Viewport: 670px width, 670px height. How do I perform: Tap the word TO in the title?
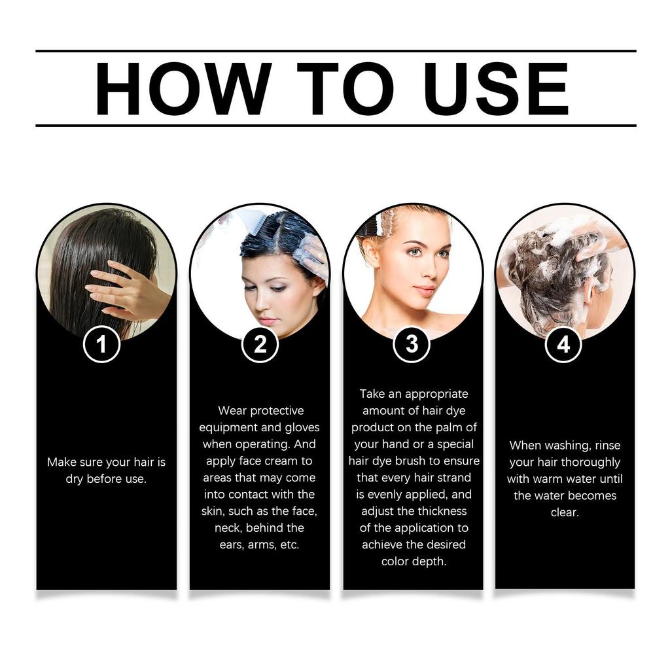[x=347, y=89]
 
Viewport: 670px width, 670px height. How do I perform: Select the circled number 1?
[x=101, y=344]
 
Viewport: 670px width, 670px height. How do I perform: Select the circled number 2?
[x=260, y=344]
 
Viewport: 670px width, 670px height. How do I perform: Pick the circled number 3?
[x=412, y=344]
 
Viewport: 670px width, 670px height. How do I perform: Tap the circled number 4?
[x=563, y=344]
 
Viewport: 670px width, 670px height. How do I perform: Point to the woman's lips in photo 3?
[x=423, y=290]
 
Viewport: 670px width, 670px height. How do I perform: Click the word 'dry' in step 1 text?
[x=75, y=479]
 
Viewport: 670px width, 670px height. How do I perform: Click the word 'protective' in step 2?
[x=277, y=411]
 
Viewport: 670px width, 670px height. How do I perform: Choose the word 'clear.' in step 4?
[x=565, y=512]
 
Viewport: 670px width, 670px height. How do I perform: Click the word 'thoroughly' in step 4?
[x=590, y=462]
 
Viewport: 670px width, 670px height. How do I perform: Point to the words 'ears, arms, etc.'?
[x=259, y=544]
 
